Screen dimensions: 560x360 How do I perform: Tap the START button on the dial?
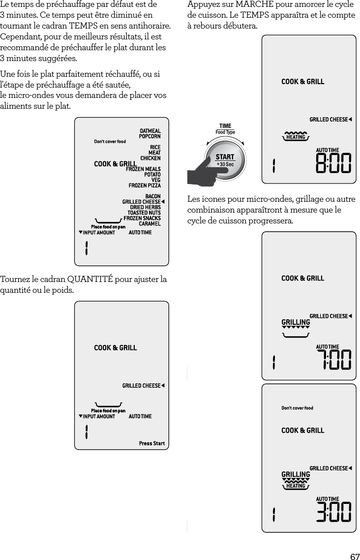[225, 157]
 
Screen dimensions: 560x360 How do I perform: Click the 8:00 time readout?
[333, 163]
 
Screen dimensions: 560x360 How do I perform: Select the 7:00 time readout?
[333, 359]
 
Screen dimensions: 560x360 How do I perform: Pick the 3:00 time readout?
[333, 512]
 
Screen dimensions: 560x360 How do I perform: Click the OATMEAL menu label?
[150, 131]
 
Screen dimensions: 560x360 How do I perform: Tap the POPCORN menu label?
[150, 136]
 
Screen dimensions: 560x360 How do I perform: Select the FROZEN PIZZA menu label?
[145, 186]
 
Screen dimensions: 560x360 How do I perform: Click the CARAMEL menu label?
[150, 224]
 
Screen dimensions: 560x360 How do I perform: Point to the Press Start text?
[151, 443]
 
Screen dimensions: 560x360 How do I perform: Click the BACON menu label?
[153, 196]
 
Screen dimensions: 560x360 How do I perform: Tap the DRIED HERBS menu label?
[145, 207]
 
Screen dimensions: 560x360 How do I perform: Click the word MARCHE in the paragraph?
[255, 5]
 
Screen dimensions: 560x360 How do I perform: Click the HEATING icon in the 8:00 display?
[296, 137]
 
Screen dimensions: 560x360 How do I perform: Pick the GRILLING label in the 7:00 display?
[296, 322]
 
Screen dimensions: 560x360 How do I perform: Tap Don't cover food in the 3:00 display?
[297, 408]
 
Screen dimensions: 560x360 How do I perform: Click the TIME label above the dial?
[225, 126]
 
